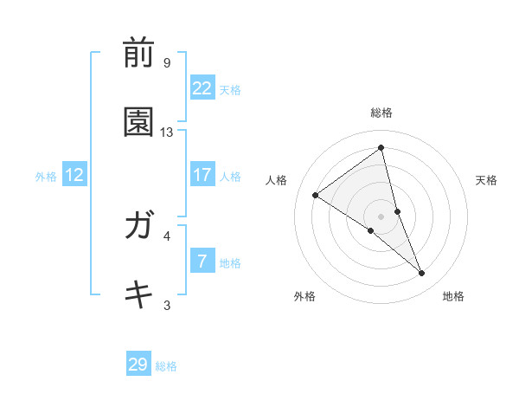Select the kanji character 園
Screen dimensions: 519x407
[138, 124]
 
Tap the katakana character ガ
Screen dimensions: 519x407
[138, 228]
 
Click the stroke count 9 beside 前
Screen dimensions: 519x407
[167, 63]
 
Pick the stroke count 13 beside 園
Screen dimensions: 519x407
[167, 132]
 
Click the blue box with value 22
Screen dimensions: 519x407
[202, 87]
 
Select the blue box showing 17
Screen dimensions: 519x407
[202, 175]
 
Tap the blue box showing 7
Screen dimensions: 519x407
[202, 262]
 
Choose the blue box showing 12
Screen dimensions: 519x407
[74, 175]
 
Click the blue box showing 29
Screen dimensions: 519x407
[138, 365]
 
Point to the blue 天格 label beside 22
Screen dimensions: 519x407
[230, 89]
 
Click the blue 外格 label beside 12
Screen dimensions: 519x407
[46, 177]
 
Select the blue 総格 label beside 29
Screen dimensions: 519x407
[166, 366]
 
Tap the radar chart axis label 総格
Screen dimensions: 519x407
[381, 113]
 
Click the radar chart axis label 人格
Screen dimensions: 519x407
[277, 180]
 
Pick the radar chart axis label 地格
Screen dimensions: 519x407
[453, 296]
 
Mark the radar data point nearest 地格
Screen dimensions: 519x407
[422, 274]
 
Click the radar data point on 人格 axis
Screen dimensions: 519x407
[316, 195]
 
